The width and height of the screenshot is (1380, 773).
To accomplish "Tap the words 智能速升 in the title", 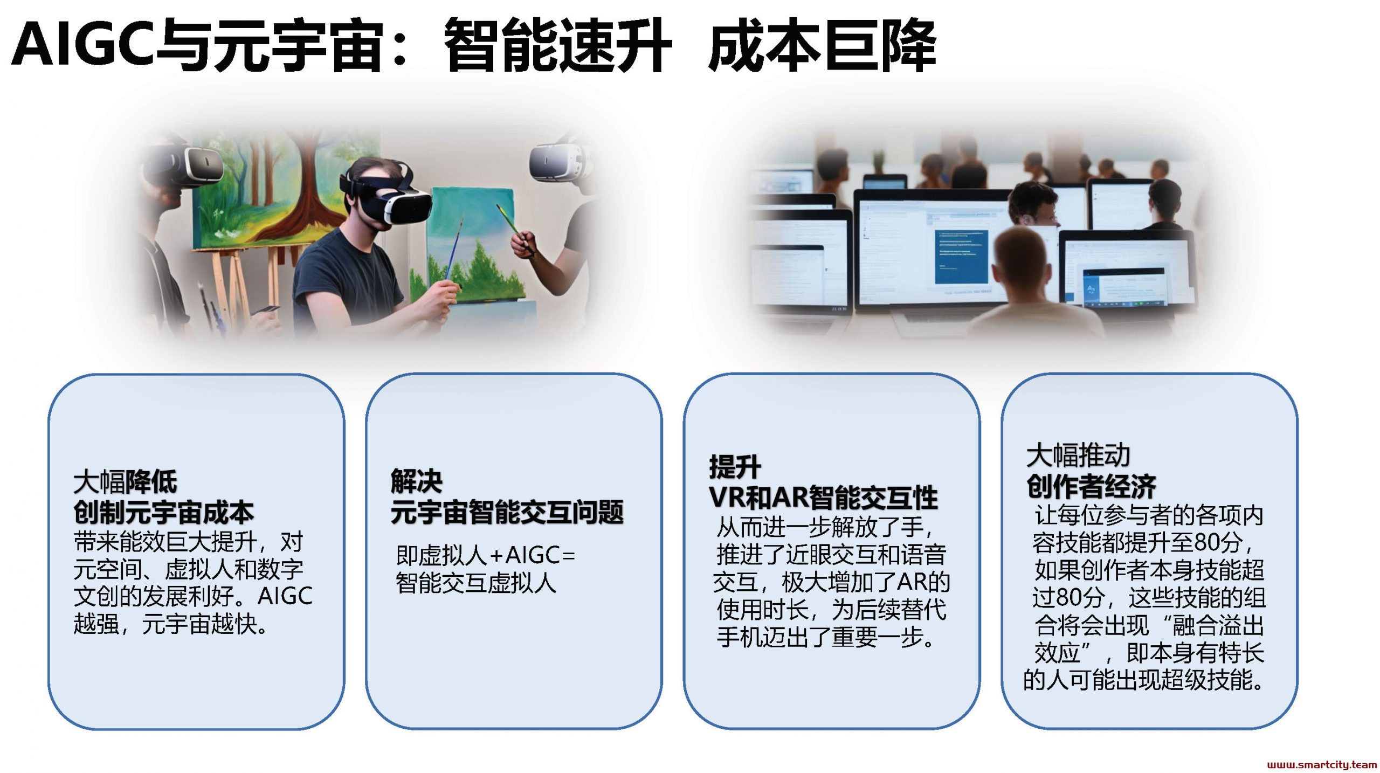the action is pyautogui.click(x=558, y=45).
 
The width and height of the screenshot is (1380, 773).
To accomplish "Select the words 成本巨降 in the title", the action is pyautogui.click(x=822, y=45).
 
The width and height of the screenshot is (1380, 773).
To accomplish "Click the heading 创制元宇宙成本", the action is pyautogui.click(x=164, y=512).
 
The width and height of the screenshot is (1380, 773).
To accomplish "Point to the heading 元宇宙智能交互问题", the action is pyautogui.click(x=507, y=512).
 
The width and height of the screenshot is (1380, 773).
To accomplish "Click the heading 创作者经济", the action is pyautogui.click(x=1092, y=486).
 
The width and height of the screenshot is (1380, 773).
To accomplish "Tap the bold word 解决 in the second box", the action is pyautogui.click(x=417, y=481).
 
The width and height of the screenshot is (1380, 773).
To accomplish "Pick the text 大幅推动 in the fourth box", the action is pyautogui.click(x=1078, y=455).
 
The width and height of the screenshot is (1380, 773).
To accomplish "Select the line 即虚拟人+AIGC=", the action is pyautogui.click(x=486, y=555).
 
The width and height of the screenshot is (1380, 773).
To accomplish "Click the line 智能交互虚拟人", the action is pyautogui.click(x=476, y=583).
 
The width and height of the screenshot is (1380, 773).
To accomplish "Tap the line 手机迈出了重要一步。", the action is pyautogui.click(x=825, y=637).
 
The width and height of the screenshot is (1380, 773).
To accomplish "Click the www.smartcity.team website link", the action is pyautogui.click(x=1322, y=764).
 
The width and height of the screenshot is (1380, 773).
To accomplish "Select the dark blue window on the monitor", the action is pyautogui.click(x=962, y=256).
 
